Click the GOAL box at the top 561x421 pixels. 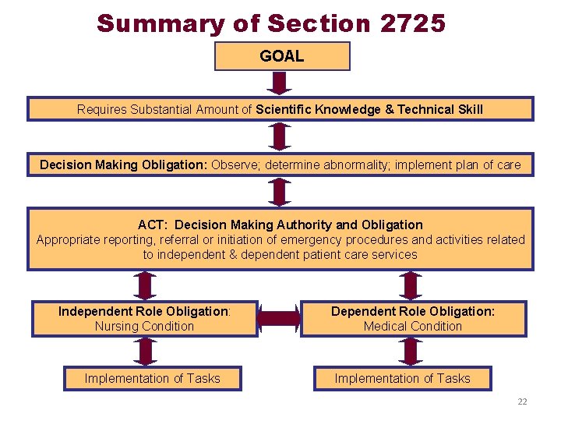pyautogui.click(x=282, y=56)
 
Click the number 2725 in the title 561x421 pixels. pyautogui.click(x=413, y=23)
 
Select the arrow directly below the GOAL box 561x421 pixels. pyautogui.click(x=282, y=83)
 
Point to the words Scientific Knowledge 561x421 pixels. pyautogui.click(x=318, y=109)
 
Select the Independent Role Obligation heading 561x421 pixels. pyautogui.click(x=144, y=311)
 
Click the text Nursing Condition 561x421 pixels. pyautogui.click(x=144, y=326)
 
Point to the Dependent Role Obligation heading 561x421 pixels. pyautogui.click(x=413, y=311)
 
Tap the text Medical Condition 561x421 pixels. pyautogui.click(x=413, y=326)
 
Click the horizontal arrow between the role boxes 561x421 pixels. pyautogui.click(x=279, y=318)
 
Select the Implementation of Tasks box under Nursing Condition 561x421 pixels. pyautogui.click(x=153, y=379)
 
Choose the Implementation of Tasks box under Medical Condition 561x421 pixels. pyautogui.click(x=403, y=379)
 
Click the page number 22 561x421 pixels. pyautogui.click(x=522, y=402)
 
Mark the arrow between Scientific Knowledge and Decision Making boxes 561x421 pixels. pyautogui.click(x=279, y=137)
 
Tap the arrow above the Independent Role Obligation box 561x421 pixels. pyautogui.click(x=143, y=285)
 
